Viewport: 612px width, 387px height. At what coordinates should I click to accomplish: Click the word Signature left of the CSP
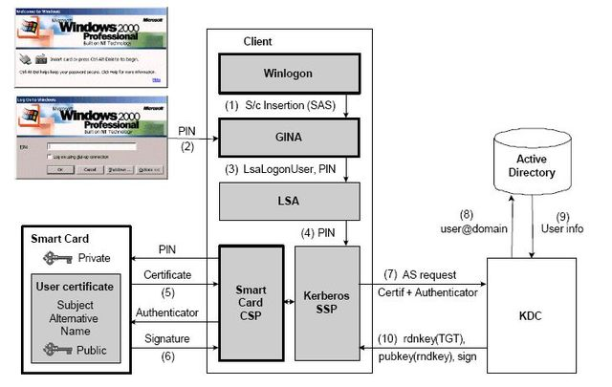click(x=167, y=337)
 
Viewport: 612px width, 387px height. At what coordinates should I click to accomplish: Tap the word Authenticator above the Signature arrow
click(x=167, y=312)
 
